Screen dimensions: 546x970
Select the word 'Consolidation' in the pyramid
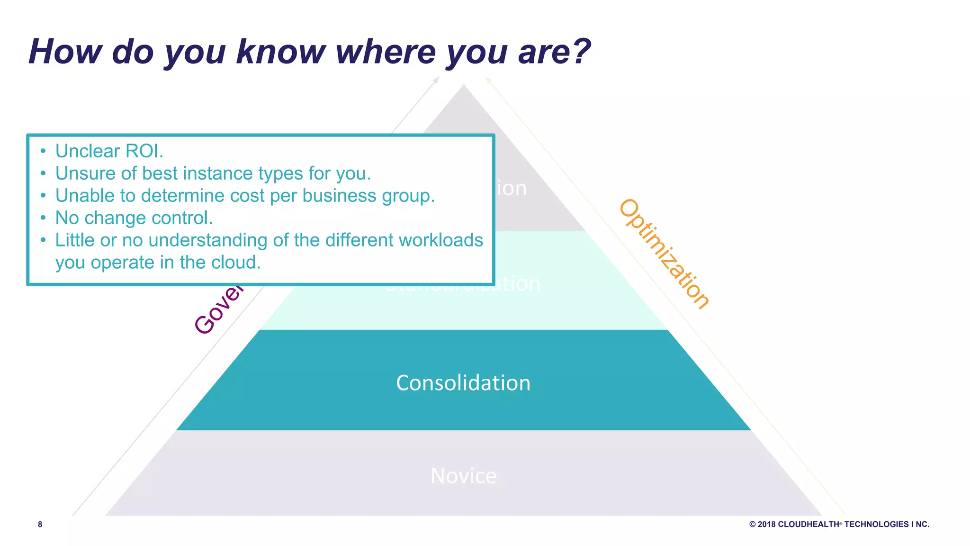click(x=463, y=383)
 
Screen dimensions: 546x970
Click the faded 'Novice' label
click(x=463, y=476)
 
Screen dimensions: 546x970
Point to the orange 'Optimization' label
click(x=664, y=254)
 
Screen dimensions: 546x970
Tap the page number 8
click(x=40, y=524)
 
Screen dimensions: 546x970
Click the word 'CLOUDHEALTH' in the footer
click(x=808, y=524)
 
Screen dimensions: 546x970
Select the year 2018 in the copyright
click(x=766, y=524)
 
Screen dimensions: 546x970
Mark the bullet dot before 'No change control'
click(x=43, y=218)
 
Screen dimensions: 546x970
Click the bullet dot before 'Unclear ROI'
click(x=43, y=151)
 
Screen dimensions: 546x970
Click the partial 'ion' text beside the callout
click(x=512, y=189)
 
